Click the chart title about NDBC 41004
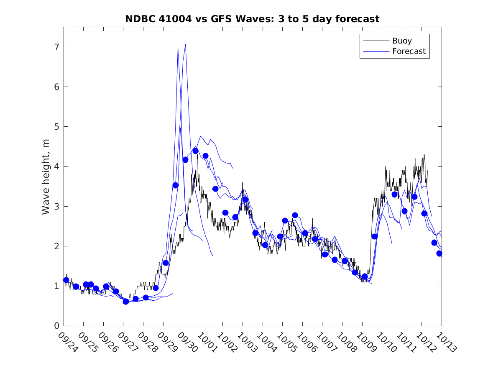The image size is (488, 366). [252, 19]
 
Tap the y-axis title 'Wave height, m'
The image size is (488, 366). [46, 177]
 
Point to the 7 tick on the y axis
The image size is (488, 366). [55, 47]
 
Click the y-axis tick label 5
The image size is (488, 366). [55, 127]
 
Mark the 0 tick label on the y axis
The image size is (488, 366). [55, 326]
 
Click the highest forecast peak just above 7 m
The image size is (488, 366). [185, 44]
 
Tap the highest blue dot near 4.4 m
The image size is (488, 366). [195, 151]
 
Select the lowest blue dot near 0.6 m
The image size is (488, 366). [126, 302]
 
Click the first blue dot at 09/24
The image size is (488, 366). [66, 280]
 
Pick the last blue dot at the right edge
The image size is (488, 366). [439, 253]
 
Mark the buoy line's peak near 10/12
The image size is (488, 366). [424, 155]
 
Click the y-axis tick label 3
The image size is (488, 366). [55, 206]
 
